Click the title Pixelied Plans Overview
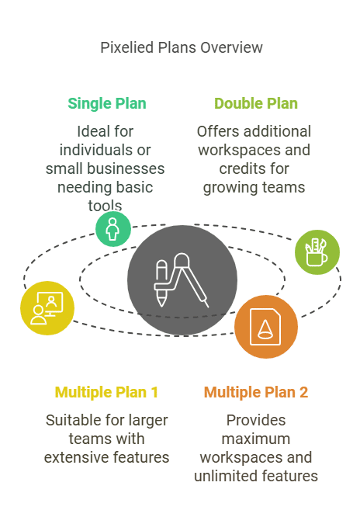coord(182,48)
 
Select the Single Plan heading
coord(107,103)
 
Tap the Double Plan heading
coord(256,103)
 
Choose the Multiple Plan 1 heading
coord(106,392)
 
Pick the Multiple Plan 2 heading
coord(256,392)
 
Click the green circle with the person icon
coord(112,229)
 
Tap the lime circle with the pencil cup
coord(317,252)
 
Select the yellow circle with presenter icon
coord(47,308)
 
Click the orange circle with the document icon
coord(266,327)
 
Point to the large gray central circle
coord(182,280)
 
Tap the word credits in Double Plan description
coord(240,168)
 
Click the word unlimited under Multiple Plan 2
coord(223,476)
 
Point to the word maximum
coord(256,439)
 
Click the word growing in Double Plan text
coord(224,188)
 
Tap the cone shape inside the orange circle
coord(265,330)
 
